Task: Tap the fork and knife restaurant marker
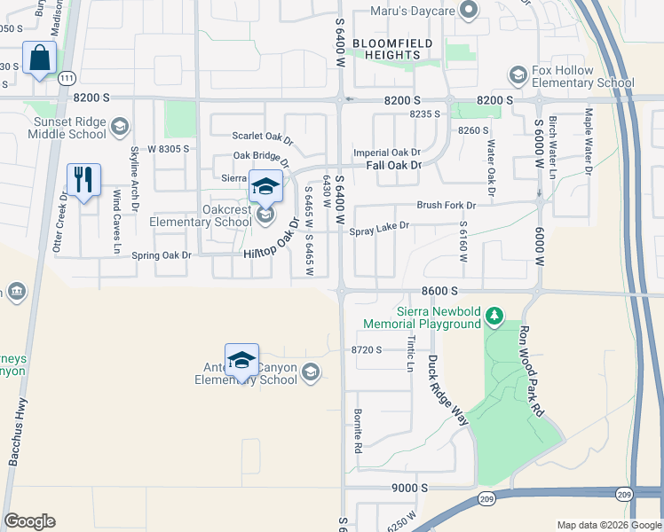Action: point(83,180)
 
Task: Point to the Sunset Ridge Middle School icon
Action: point(117,128)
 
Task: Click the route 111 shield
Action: point(67,79)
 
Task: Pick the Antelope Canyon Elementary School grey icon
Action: point(310,372)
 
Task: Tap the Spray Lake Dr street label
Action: point(379,227)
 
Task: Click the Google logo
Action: point(29,521)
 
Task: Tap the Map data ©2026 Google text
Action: point(608,525)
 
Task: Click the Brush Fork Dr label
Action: point(447,205)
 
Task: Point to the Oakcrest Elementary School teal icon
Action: point(265,215)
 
